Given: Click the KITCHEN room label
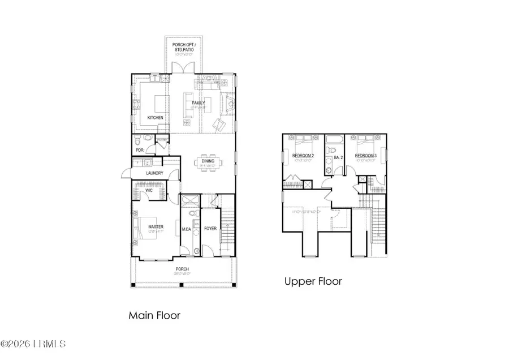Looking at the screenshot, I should pos(156,117).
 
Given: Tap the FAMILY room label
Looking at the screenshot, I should pos(198,102).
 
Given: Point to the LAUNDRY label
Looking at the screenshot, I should pos(154,173).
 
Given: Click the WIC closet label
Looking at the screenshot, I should pos(149,191).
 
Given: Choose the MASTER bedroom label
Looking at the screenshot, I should pos(156,226).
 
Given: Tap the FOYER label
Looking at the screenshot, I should pos(210,229).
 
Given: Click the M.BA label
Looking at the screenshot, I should pos(186,229).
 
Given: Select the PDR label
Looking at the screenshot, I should pos(139,150).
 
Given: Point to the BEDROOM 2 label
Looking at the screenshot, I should pos(303,155).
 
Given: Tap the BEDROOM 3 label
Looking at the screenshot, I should pos(365,155).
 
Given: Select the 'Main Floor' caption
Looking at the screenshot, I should pos(154,315).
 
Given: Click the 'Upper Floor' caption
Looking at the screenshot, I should pos(313,281).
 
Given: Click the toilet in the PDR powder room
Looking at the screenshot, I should pos(146,139).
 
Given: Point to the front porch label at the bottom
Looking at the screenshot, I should pos(182,269).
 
